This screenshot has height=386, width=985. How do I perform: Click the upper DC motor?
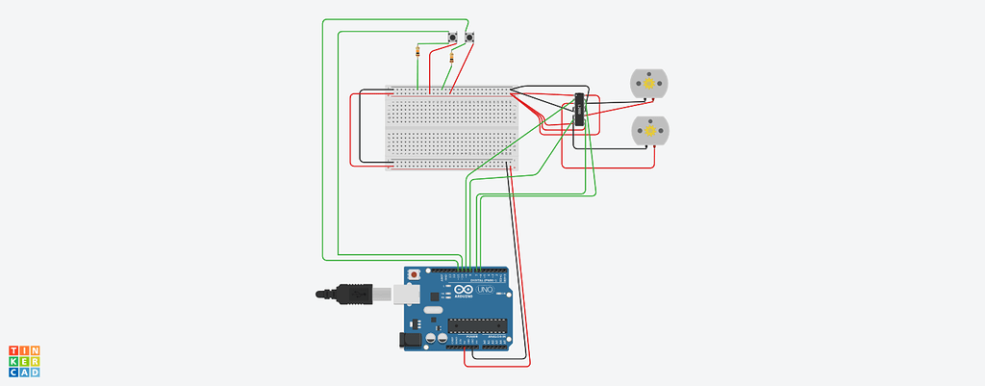(646, 84)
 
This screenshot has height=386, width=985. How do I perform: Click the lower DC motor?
(649, 130)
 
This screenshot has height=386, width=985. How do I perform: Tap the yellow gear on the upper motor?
(648, 85)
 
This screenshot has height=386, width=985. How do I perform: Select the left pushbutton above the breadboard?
(452, 38)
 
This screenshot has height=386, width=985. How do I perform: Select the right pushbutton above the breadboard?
(470, 38)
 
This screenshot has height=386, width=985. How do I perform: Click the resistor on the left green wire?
(417, 51)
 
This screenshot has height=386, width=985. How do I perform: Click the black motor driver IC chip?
(580, 111)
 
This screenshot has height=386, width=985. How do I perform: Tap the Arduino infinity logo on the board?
(464, 291)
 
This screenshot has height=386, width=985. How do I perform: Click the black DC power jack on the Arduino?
(408, 339)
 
